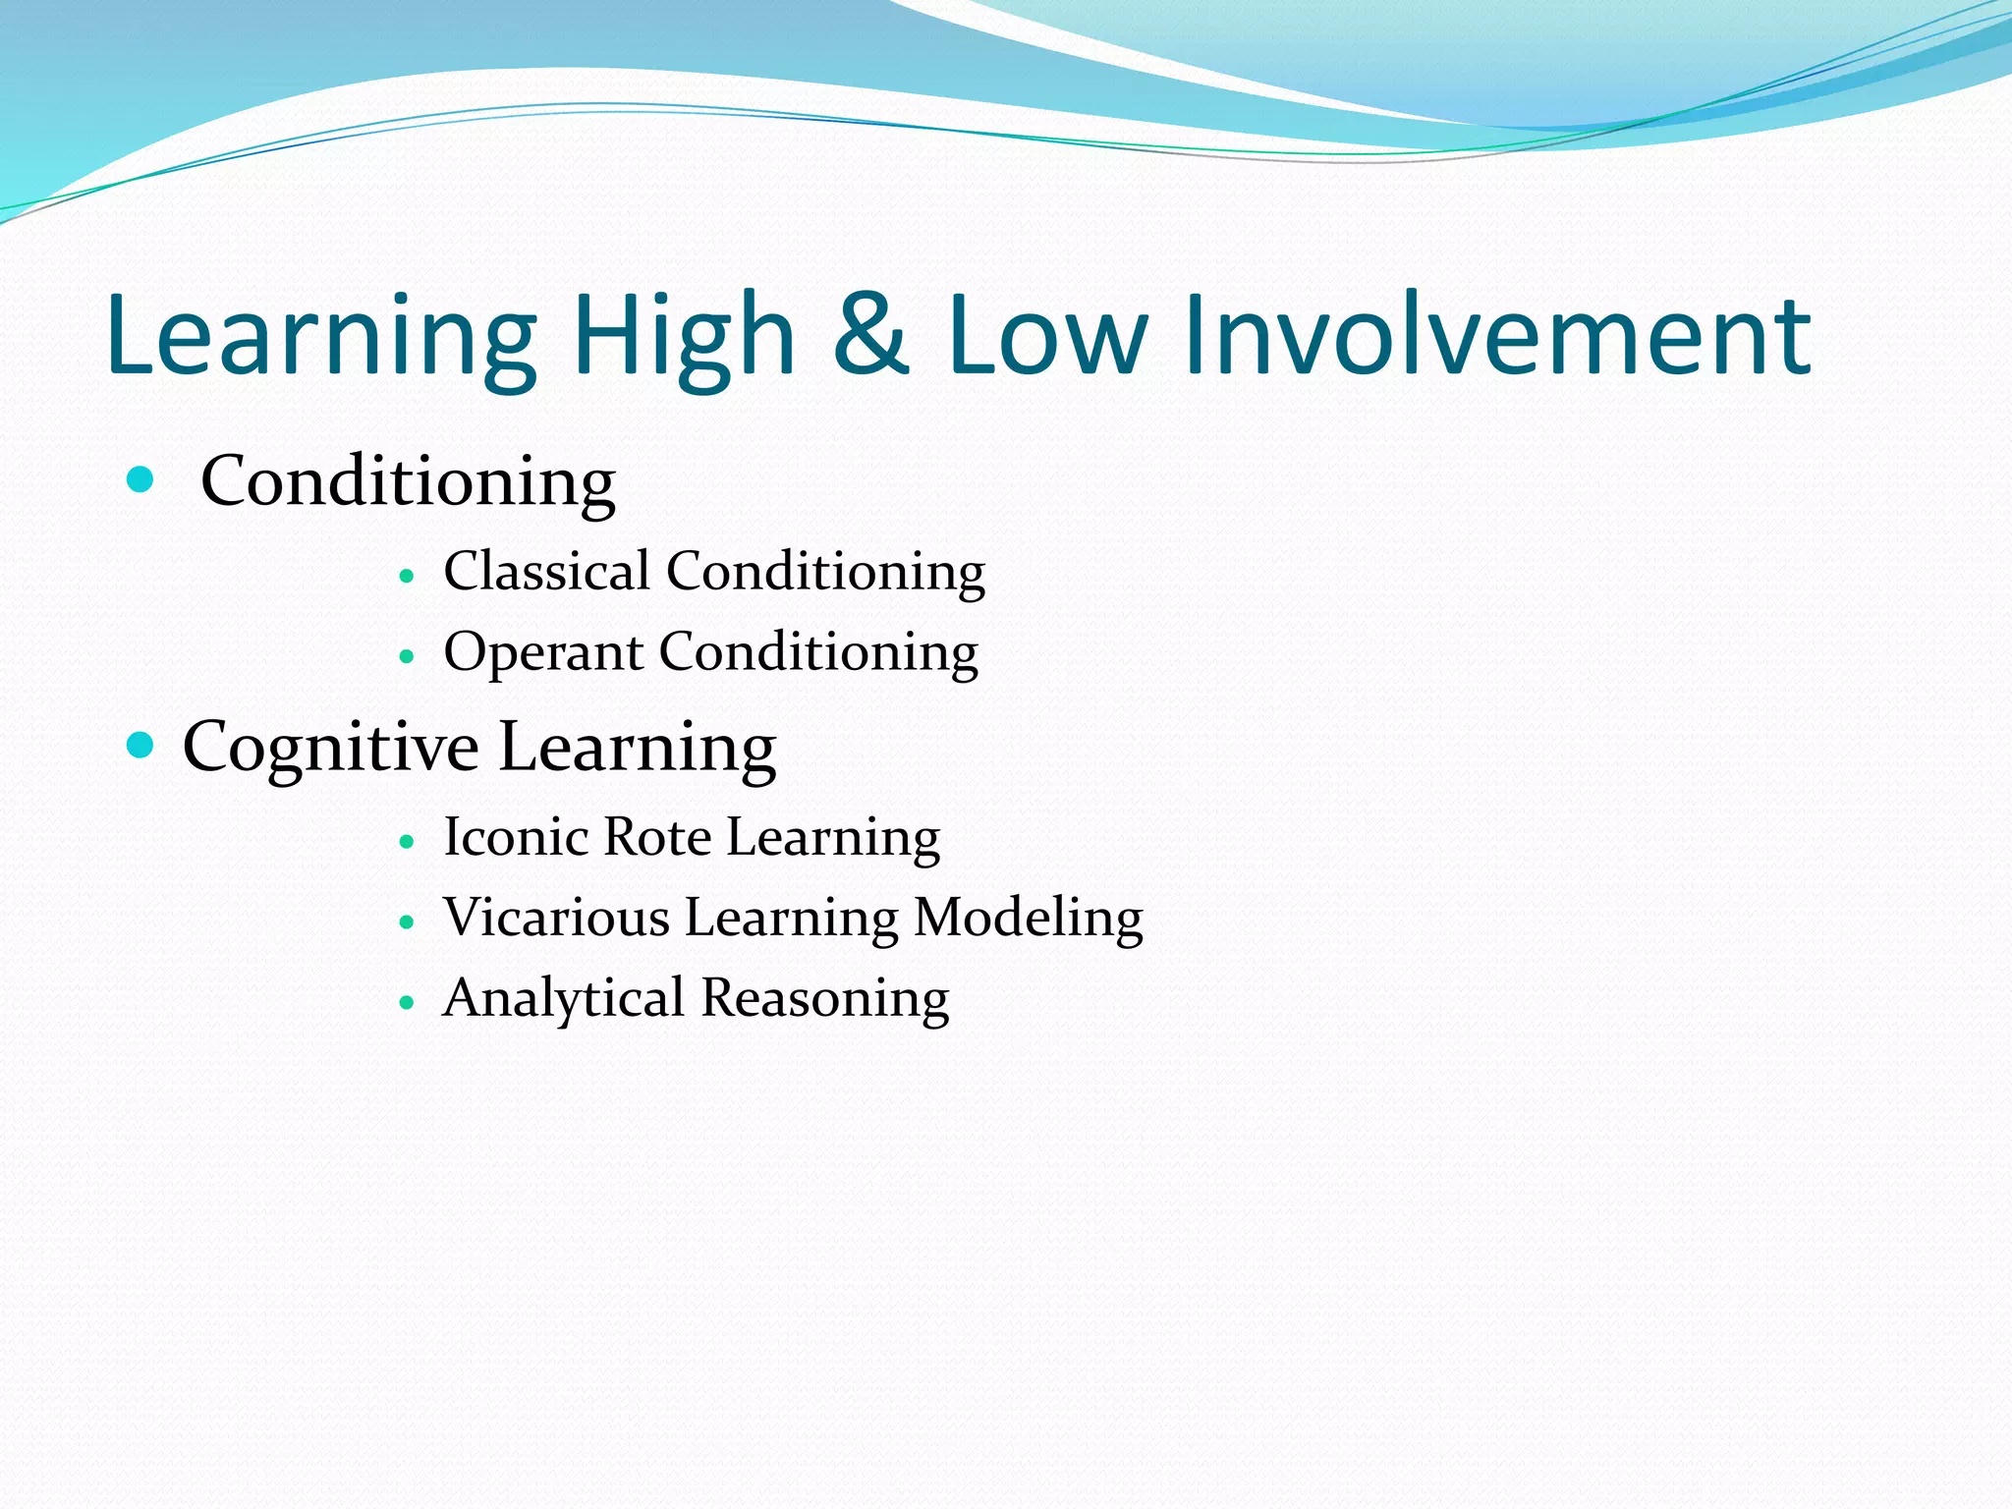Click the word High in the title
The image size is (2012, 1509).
(683, 336)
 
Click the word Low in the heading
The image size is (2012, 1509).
(1047, 336)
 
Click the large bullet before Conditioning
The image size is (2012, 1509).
(141, 479)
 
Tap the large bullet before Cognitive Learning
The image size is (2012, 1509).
(141, 746)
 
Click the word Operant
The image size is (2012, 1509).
(542, 653)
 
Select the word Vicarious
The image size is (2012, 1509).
(556, 918)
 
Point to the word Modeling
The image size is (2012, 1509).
(1029, 920)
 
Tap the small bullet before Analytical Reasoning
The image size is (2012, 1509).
(408, 1003)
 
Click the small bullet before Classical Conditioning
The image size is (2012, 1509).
(408, 576)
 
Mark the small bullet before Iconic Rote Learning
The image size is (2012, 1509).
(408, 842)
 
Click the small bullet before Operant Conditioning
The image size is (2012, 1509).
(408, 656)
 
